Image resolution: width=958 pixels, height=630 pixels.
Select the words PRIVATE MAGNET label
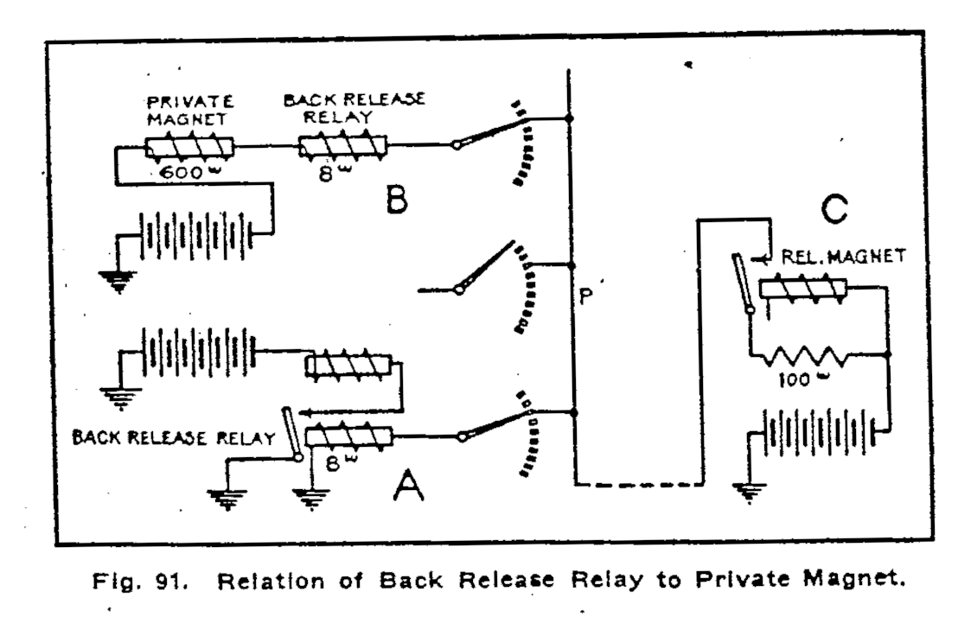pyautogui.click(x=187, y=110)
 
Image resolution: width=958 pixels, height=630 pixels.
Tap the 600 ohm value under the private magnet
pyautogui.click(x=182, y=173)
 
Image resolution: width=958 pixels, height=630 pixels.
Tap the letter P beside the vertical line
pyautogui.click(x=585, y=296)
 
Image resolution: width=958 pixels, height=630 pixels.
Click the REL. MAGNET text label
pyautogui.click(x=842, y=257)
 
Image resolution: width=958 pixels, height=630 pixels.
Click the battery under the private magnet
pyautogui.click(x=197, y=233)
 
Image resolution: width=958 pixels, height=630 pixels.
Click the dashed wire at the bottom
pyautogui.click(x=636, y=485)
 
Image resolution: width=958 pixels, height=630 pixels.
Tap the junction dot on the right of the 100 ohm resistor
pyautogui.click(x=889, y=354)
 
